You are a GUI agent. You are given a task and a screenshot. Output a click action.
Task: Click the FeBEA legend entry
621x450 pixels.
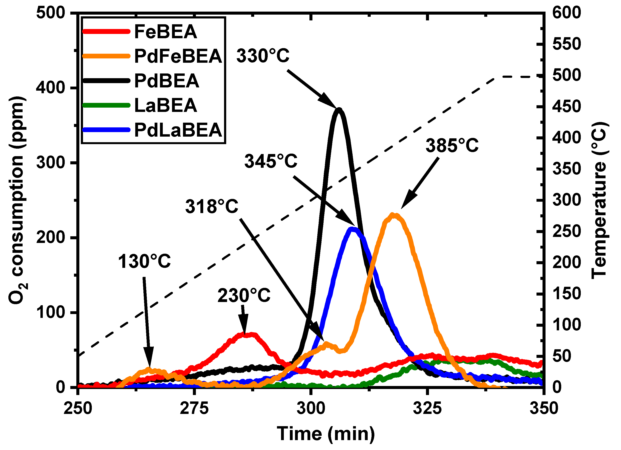(165, 32)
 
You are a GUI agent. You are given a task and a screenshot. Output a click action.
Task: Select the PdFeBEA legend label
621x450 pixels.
(178, 56)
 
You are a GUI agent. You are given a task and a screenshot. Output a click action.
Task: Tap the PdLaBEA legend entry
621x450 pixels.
(178, 130)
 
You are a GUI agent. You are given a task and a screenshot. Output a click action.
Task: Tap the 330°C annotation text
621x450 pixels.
(263, 56)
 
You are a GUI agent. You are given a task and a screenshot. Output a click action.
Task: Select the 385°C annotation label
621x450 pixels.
(452, 145)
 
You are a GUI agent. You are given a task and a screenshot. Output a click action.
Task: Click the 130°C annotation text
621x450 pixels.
(144, 261)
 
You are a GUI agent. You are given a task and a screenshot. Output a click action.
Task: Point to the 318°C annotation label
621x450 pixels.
(212, 206)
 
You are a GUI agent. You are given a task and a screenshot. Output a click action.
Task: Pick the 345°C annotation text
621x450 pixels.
(271, 161)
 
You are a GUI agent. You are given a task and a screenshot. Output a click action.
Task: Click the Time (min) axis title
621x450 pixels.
(326, 434)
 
